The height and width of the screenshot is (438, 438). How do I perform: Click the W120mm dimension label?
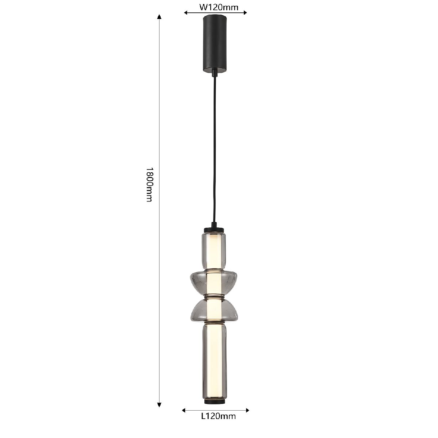pyautogui.click(x=219, y=8)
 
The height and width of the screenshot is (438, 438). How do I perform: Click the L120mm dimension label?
pyautogui.click(x=218, y=423)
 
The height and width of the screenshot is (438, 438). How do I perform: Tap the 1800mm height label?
pyautogui.click(x=150, y=185)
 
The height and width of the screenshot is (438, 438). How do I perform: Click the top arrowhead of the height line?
pyautogui.click(x=160, y=16)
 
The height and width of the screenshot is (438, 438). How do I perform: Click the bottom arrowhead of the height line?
pyautogui.click(x=160, y=405)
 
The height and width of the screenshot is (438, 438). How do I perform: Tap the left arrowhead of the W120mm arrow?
pyautogui.click(x=186, y=13)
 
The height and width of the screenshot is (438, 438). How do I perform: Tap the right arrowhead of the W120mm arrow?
pyautogui.click(x=245, y=13)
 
